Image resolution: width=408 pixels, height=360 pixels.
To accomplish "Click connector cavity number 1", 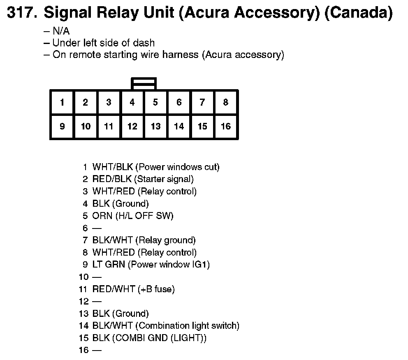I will coord(62,102).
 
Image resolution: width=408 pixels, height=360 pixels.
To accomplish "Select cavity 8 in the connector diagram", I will coord(225,102).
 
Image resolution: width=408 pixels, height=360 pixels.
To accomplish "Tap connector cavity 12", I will coord(132,126).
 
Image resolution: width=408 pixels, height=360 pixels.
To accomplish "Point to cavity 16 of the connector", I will coord(225,126).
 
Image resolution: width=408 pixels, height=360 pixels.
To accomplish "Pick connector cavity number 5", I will coord(155,102).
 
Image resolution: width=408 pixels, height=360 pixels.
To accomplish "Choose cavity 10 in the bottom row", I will coord(86,126).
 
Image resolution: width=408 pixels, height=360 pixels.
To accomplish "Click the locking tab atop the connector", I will coord(144,83).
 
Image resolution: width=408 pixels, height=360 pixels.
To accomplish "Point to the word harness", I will coord(181,55).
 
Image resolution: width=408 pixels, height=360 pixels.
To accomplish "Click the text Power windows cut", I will coord(177,167).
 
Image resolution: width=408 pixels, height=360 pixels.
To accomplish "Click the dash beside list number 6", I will coord(97,228).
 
